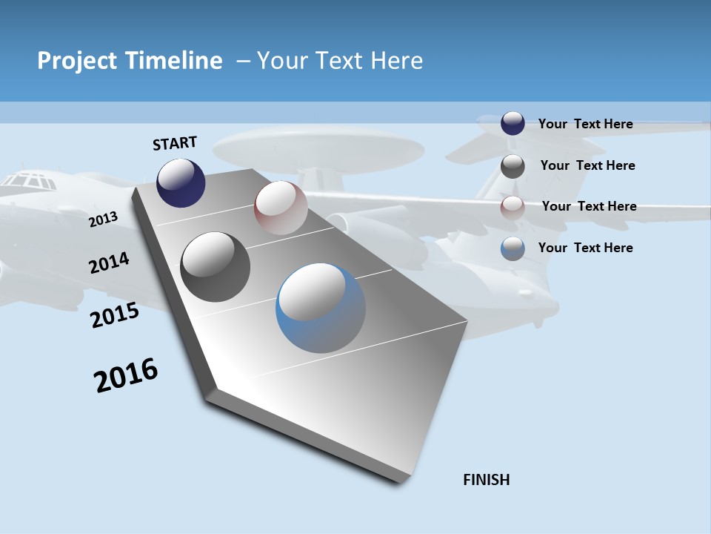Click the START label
click(x=175, y=143)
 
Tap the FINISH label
click(x=487, y=480)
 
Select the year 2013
click(x=103, y=220)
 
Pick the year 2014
click(x=109, y=263)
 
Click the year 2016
click(x=127, y=375)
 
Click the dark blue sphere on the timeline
click(x=181, y=182)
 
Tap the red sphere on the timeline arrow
click(x=281, y=208)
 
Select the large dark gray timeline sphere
click(x=215, y=267)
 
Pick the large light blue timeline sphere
click(x=321, y=308)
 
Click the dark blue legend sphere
click(x=513, y=123)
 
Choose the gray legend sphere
click(x=513, y=166)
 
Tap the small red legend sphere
click(x=513, y=207)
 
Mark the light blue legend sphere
click(x=513, y=248)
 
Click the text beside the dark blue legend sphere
click(x=585, y=124)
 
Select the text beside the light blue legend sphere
click(x=585, y=248)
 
